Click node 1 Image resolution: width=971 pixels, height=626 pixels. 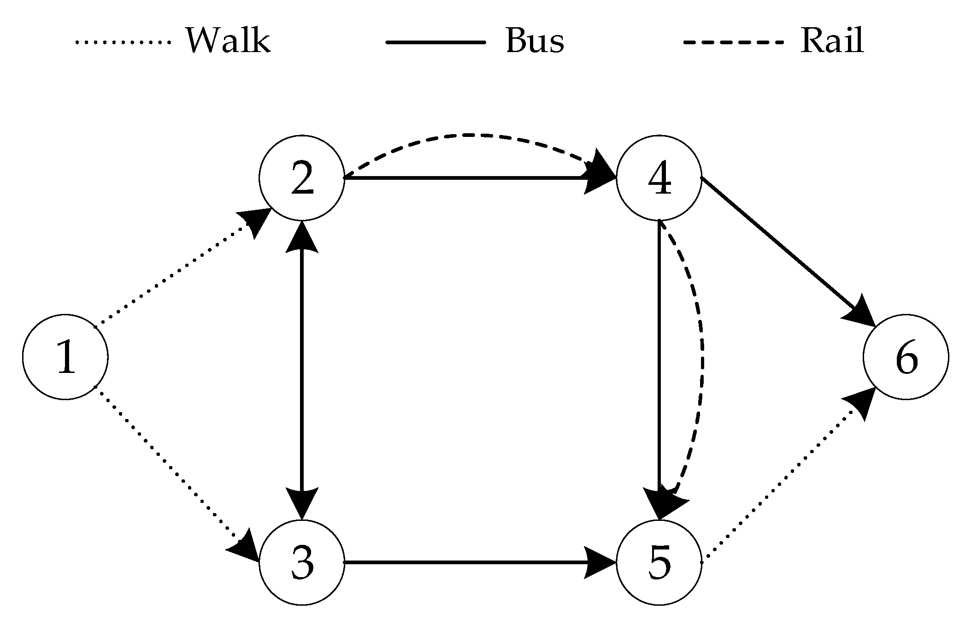tap(65, 357)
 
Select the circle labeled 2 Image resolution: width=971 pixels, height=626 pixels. tap(302, 178)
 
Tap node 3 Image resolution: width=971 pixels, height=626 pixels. tap(302, 562)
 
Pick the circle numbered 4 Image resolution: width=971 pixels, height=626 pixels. tap(659, 178)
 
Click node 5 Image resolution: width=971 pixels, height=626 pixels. tap(659, 562)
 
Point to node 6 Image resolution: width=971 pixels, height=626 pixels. tap(906, 357)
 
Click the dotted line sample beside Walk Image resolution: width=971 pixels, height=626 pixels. tap(123, 42)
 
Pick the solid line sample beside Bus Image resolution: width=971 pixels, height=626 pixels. tap(435, 42)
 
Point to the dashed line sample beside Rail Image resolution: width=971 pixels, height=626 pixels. tap(733, 42)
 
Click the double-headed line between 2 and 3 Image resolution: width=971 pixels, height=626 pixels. tap(302, 369)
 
